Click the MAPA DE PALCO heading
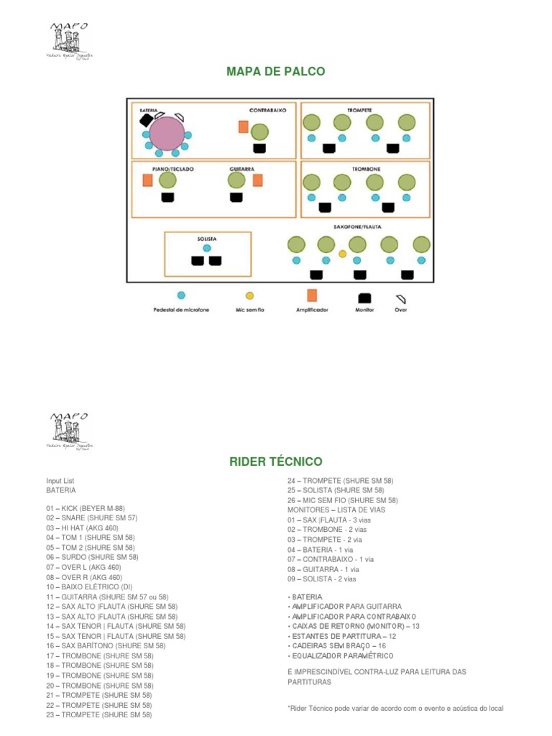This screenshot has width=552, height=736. [x=276, y=71]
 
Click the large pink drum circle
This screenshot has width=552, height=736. [x=167, y=134]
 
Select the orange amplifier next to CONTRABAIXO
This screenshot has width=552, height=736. [x=244, y=127]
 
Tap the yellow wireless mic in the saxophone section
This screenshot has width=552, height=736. [x=342, y=254]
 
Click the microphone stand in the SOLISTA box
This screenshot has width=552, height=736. [x=207, y=248]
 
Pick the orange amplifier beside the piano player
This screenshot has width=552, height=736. [x=148, y=180]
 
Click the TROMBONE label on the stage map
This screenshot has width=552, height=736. [x=366, y=169]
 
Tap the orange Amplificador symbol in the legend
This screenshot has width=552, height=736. [x=312, y=295]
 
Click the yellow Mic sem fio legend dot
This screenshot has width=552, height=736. [x=249, y=295]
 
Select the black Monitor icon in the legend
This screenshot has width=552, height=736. [x=364, y=297]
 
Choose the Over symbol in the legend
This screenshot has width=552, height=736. [x=401, y=297]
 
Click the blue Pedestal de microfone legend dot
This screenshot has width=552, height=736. [x=181, y=295]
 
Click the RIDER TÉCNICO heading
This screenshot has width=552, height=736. [x=276, y=461]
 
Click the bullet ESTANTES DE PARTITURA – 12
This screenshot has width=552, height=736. [x=342, y=636]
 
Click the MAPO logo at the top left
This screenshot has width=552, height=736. [x=69, y=42]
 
